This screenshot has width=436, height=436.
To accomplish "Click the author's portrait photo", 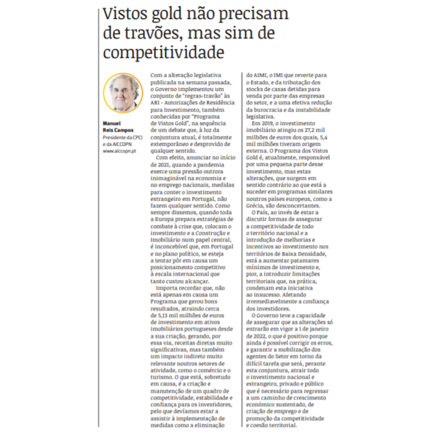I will click(x=123, y=93).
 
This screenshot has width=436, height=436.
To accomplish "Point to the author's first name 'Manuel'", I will click(x=111, y=123).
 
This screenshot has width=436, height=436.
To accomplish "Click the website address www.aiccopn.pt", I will click(x=119, y=151).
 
